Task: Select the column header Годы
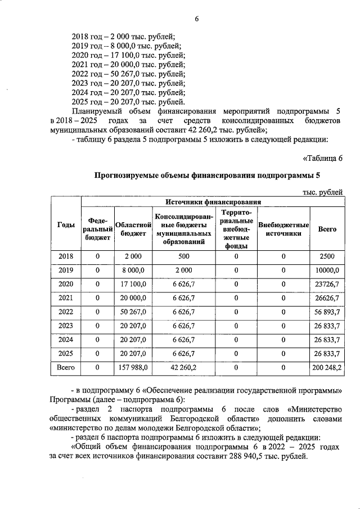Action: tap(66, 225)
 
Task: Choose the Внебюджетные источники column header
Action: tap(283, 229)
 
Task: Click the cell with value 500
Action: tap(184, 256)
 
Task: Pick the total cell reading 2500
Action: tap(327, 256)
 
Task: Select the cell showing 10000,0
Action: tap(327, 270)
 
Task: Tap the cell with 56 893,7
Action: tap(327, 312)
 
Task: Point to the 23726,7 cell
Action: tap(327, 284)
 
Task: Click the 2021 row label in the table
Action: tap(66, 298)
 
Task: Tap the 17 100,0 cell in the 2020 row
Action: tap(133, 284)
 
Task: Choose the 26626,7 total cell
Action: tap(327, 298)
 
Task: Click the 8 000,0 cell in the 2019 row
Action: tap(133, 270)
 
